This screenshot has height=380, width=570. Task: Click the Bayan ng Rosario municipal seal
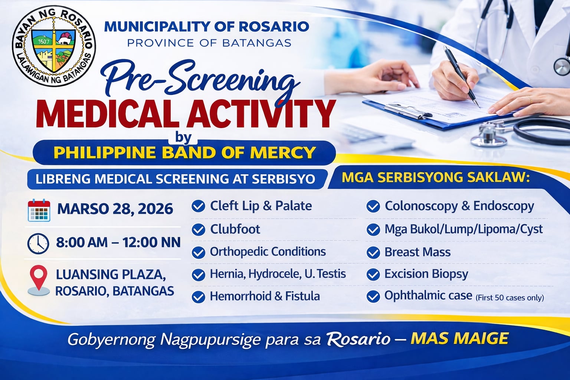54,46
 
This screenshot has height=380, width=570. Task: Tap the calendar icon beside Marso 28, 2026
39,210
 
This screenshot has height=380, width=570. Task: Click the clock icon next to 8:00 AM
38,243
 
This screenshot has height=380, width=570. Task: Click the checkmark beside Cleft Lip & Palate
199,206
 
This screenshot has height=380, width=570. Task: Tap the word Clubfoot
235,229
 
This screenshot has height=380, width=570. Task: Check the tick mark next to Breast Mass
373,253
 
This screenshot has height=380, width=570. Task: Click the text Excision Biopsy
426,274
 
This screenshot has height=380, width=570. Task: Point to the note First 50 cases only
510,298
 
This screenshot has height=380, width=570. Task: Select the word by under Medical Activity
183,137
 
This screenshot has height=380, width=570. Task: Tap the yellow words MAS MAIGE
459,338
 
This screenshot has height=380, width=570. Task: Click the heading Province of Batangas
209,43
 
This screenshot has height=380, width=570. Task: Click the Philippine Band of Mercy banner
184,153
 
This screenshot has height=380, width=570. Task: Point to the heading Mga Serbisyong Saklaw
435,177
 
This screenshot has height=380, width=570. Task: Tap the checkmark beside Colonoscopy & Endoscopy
373,206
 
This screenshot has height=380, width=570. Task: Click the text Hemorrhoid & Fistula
265,296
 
